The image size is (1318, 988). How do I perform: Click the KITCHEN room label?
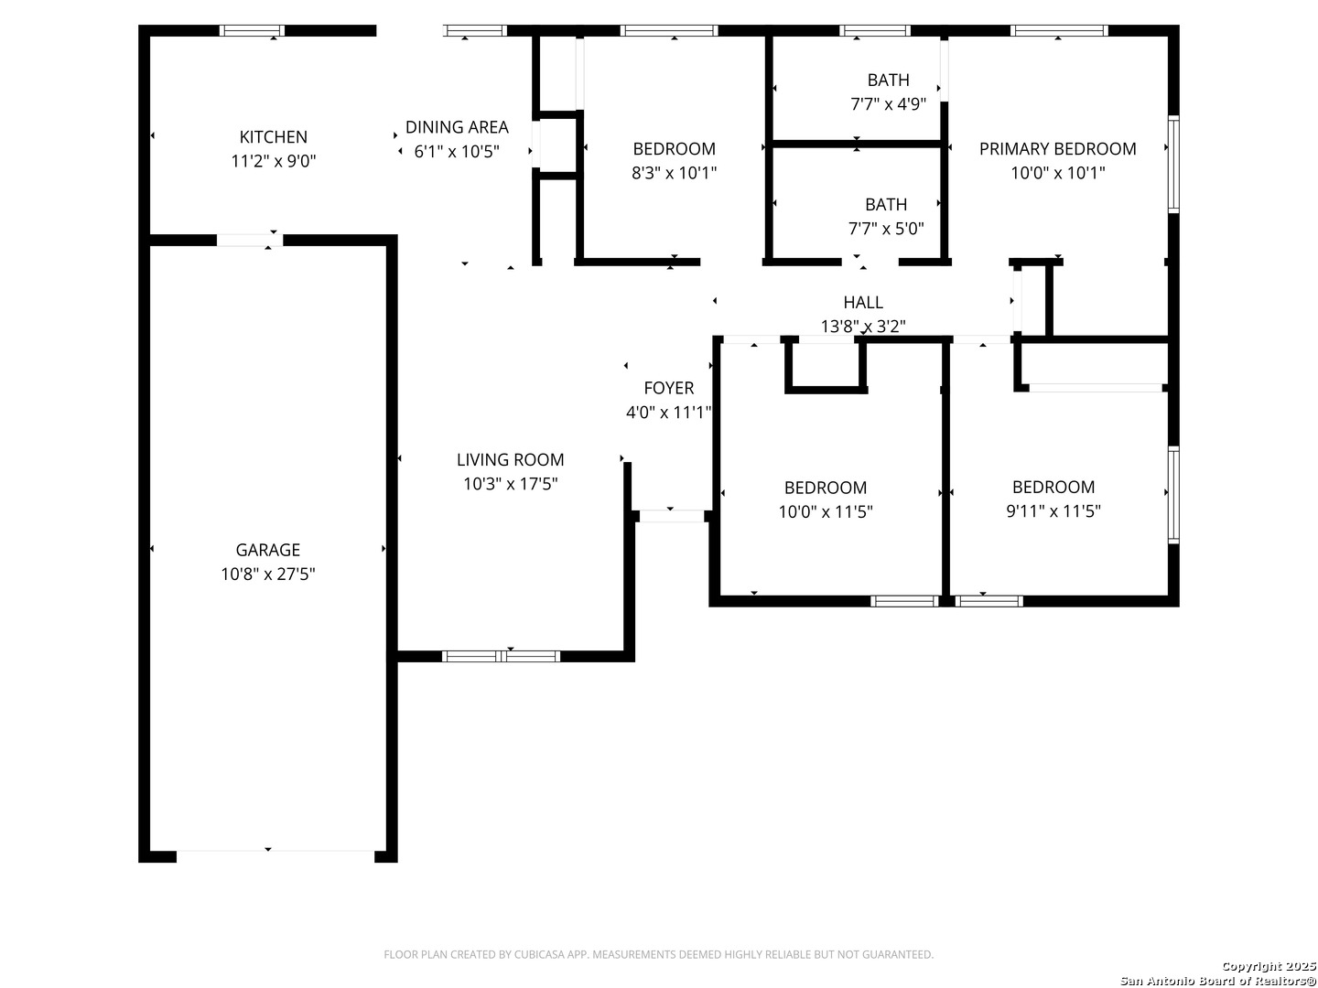(x=273, y=137)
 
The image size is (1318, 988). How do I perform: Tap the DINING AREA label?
(x=457, y=127)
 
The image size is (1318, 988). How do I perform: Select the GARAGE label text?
(x=268, y=550)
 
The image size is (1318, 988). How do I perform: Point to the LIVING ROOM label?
(x=511, y=460)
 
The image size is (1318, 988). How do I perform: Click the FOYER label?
(x=668, y=388)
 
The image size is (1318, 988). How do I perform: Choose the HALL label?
(x=863, y=302)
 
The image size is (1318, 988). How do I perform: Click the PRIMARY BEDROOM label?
(x=1057, y=149)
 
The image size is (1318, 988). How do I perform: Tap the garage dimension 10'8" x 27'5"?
(x=268, y=575)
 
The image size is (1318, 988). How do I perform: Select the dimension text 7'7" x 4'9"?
(x=888, y=104)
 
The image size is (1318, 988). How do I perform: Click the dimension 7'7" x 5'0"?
(x=886, y=229)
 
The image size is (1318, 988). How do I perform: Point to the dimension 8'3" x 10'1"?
(x=674, y=174)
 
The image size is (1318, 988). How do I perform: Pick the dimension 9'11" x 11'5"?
(x=1053, y=511)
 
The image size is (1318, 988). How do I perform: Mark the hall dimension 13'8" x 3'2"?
(x=863, y=327)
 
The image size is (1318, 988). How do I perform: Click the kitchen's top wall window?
(x=252, y=30)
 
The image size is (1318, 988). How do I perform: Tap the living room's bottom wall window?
(x=501, y=656)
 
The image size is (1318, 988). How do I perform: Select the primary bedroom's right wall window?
(x=1173, y=165)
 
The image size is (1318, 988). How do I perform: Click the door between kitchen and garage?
(x=250, y=240)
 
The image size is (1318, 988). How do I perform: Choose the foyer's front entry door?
(x=671, y=516)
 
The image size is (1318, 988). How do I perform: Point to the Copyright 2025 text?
(x=1269, y=966)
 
